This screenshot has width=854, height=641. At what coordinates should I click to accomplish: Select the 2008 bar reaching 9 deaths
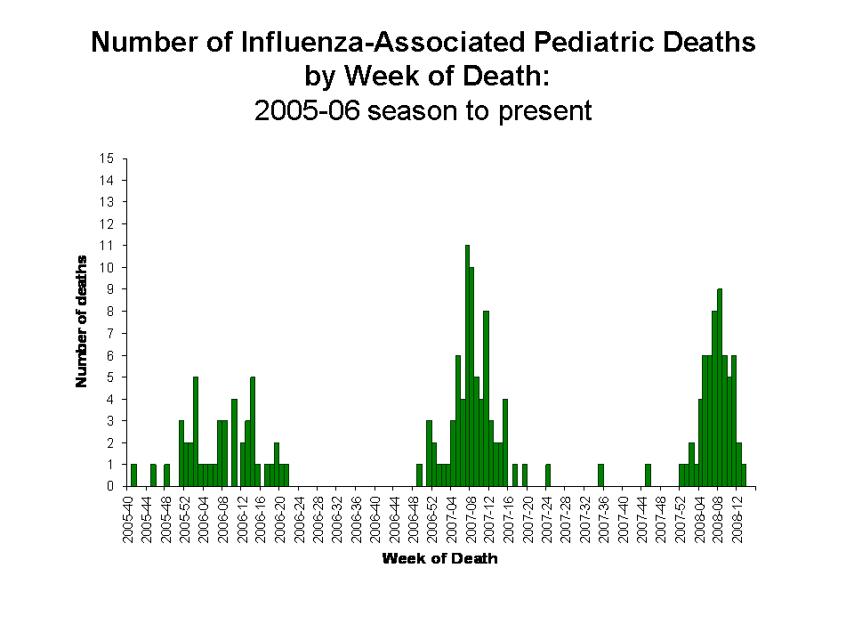coord(720,387)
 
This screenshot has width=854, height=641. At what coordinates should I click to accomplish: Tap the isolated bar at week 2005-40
coord(133,475)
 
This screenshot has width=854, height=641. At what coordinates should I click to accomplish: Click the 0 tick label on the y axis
coord(109,487)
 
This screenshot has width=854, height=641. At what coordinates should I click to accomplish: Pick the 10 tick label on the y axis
coord(109,268)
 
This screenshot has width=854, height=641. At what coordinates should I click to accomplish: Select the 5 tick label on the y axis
coord(109,377)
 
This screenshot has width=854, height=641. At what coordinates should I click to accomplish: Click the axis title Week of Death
coord(439,559)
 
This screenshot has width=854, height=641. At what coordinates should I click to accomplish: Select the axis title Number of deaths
coord(82,321)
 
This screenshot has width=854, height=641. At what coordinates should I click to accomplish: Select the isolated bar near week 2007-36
coord(601,475)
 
